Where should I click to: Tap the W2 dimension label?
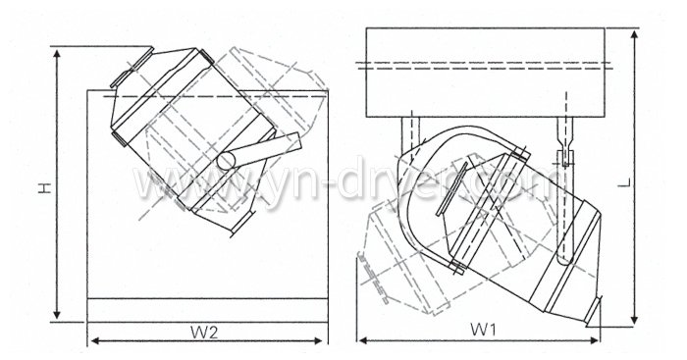click(x=204, y=331)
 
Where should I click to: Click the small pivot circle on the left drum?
click(x=227, y=159)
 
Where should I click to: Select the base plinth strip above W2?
click(x=207, y=308)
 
